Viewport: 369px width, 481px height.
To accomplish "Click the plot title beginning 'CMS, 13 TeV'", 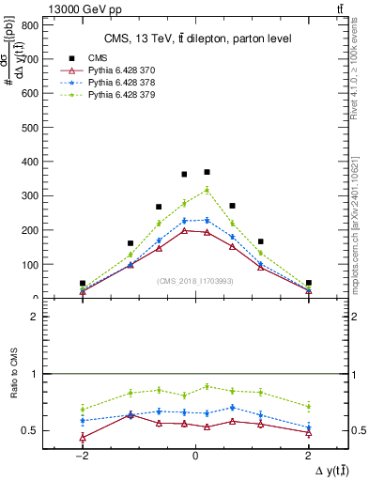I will [195, 38].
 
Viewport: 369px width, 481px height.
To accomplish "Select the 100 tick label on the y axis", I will [33, 264].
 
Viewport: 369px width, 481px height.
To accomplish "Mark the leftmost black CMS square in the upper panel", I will [83, 283].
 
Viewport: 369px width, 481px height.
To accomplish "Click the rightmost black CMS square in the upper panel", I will [308, 283].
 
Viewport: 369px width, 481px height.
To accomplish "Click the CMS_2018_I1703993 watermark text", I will [195, 280].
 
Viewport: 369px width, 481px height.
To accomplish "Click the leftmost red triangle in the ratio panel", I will [83, 438].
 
